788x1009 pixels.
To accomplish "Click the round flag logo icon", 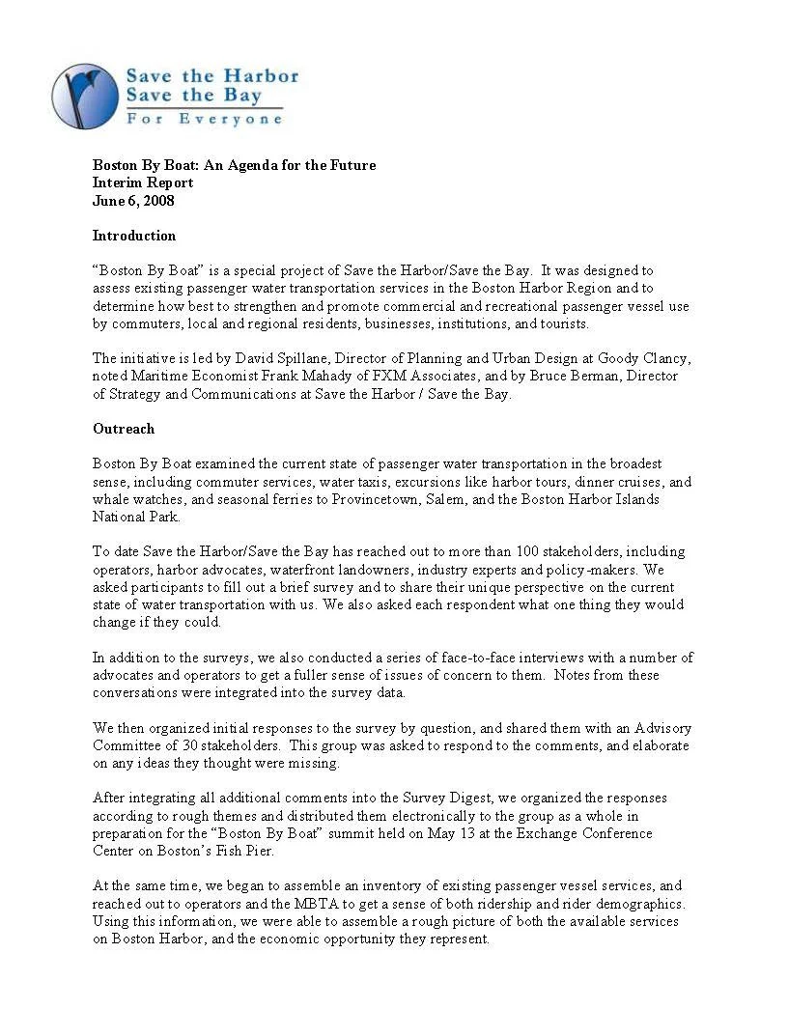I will coord(84,96).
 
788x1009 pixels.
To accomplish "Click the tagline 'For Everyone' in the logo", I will coord(204,119).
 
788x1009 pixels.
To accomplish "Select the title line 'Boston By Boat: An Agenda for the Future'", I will coord(234,165).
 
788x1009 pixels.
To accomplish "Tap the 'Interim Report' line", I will coord(143,182).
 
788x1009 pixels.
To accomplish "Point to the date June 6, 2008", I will coord(133,200).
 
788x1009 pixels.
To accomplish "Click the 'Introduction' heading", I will coord(134,236).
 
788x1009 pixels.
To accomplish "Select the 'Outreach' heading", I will coord(124,428).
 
